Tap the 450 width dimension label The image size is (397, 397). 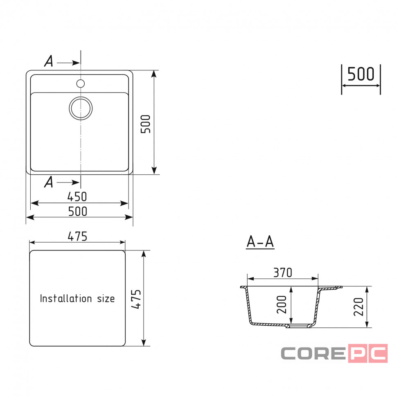[77, 196]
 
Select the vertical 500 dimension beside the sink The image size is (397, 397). [146, 124]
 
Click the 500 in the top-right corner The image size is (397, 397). [361, 74]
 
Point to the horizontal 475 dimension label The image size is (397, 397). [77, 236]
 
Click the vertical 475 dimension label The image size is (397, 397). [136, 299]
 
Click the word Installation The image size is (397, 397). [66, 298]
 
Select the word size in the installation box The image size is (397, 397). [106, 299]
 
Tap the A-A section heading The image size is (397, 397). [260, 241]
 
